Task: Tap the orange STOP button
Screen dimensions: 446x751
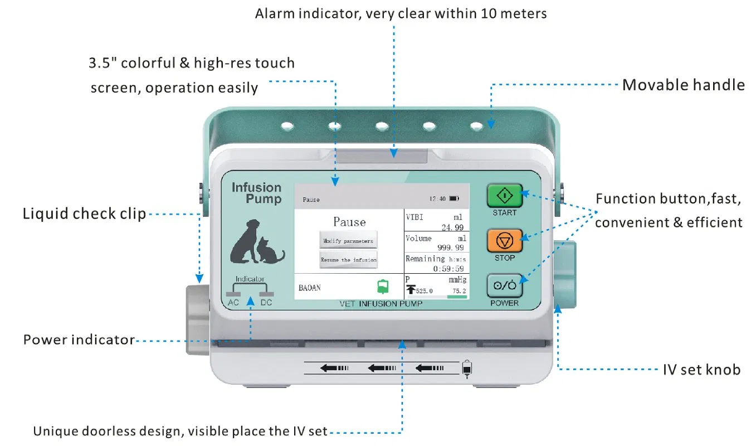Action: [505, 240]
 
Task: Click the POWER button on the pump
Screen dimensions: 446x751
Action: [505, 286]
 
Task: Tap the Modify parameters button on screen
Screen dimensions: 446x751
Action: [349, 241]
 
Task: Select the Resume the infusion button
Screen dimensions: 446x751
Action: [349, 260]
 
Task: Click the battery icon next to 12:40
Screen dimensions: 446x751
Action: [453, 198]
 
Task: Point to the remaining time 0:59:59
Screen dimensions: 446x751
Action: [450, 268]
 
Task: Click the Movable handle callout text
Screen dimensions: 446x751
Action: [683, 85]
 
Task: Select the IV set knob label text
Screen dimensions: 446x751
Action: [701, 369]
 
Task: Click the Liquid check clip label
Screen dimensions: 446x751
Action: [84, 214]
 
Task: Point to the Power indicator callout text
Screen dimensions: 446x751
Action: [79, 340]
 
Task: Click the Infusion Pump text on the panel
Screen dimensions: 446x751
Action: [256, 193]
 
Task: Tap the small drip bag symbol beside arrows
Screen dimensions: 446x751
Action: [466, 369]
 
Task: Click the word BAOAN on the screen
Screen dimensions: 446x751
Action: [310, 288]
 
